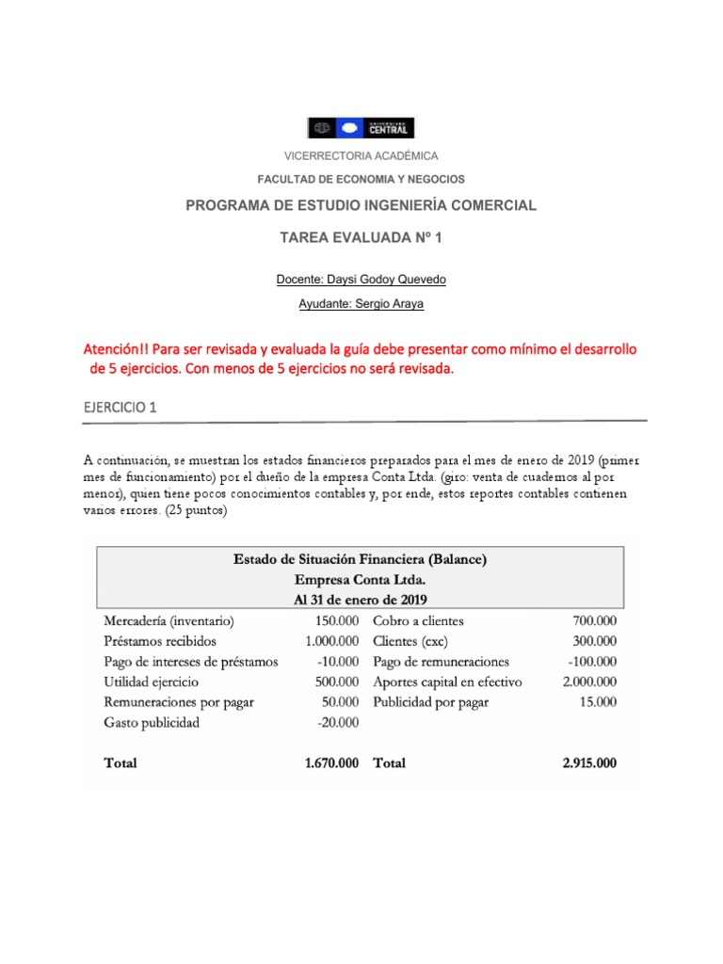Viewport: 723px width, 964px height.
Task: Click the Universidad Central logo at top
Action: (x=361, y=127)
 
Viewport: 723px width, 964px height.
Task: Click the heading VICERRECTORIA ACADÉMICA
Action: (x=361, y=155)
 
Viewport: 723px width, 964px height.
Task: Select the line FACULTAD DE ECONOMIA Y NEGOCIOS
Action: (x=361, y=179)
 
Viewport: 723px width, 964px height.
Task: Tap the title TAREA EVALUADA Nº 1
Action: (x=361, y=238)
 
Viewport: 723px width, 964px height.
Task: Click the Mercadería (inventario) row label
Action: (x=169, y=620)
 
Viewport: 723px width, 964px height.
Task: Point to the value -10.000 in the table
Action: (x=337, y=661)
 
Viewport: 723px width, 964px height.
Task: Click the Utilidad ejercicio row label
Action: (x=151, y=682)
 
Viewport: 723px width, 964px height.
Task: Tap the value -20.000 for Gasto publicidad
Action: (x=337, y=722)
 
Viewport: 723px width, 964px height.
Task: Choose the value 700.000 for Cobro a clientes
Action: (x=594, y=620)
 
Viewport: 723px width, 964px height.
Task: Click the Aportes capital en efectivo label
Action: (x=447, y=682)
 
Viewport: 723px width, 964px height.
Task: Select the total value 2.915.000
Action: (x=589, y=763)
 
